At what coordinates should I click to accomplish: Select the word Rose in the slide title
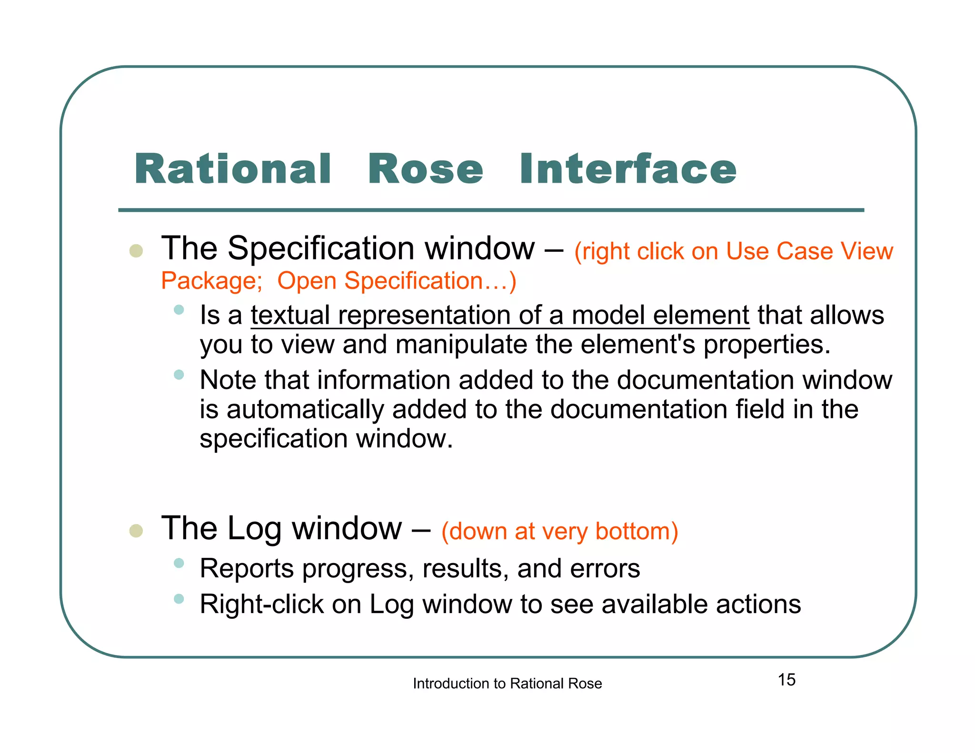(426, 170)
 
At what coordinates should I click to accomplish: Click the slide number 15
(786, 680)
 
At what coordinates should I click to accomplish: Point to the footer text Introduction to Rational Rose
(507, 684)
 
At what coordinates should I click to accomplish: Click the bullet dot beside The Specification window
(136, 251)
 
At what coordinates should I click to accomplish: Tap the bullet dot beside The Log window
(136, 531)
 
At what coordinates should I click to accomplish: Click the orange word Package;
(211, 281)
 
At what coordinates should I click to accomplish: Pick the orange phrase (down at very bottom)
(559, 531)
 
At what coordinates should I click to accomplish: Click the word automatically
(305, 410)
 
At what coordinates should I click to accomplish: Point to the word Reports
(247, 569)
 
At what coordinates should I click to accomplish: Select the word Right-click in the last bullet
(261, 604)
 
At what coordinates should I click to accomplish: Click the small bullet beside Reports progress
(179, 564)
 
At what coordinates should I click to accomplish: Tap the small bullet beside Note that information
(179, 375)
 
